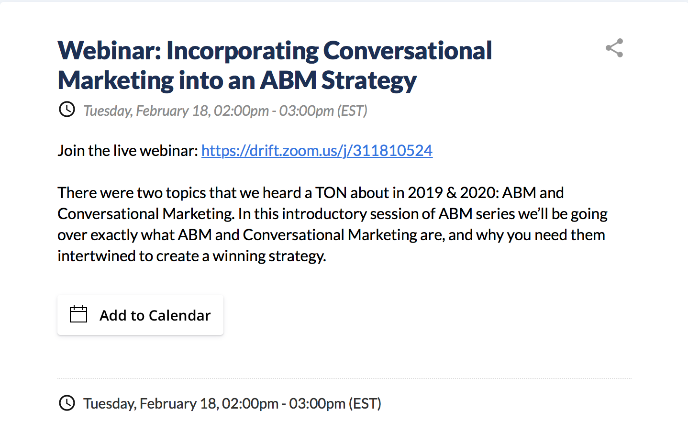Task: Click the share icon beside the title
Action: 614,48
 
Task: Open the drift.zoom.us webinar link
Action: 317,151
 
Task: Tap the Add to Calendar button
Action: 140,315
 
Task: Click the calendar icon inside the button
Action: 78,314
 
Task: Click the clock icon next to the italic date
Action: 67,109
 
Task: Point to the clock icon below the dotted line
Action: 67,403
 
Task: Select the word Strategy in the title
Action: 369,81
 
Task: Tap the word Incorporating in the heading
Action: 243,51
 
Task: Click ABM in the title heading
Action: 288,80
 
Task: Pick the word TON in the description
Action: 331,193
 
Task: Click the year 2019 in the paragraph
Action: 425,193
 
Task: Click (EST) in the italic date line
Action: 352,111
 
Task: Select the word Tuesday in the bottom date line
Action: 110,403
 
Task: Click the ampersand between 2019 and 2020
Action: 451,193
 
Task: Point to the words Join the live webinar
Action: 128,151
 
